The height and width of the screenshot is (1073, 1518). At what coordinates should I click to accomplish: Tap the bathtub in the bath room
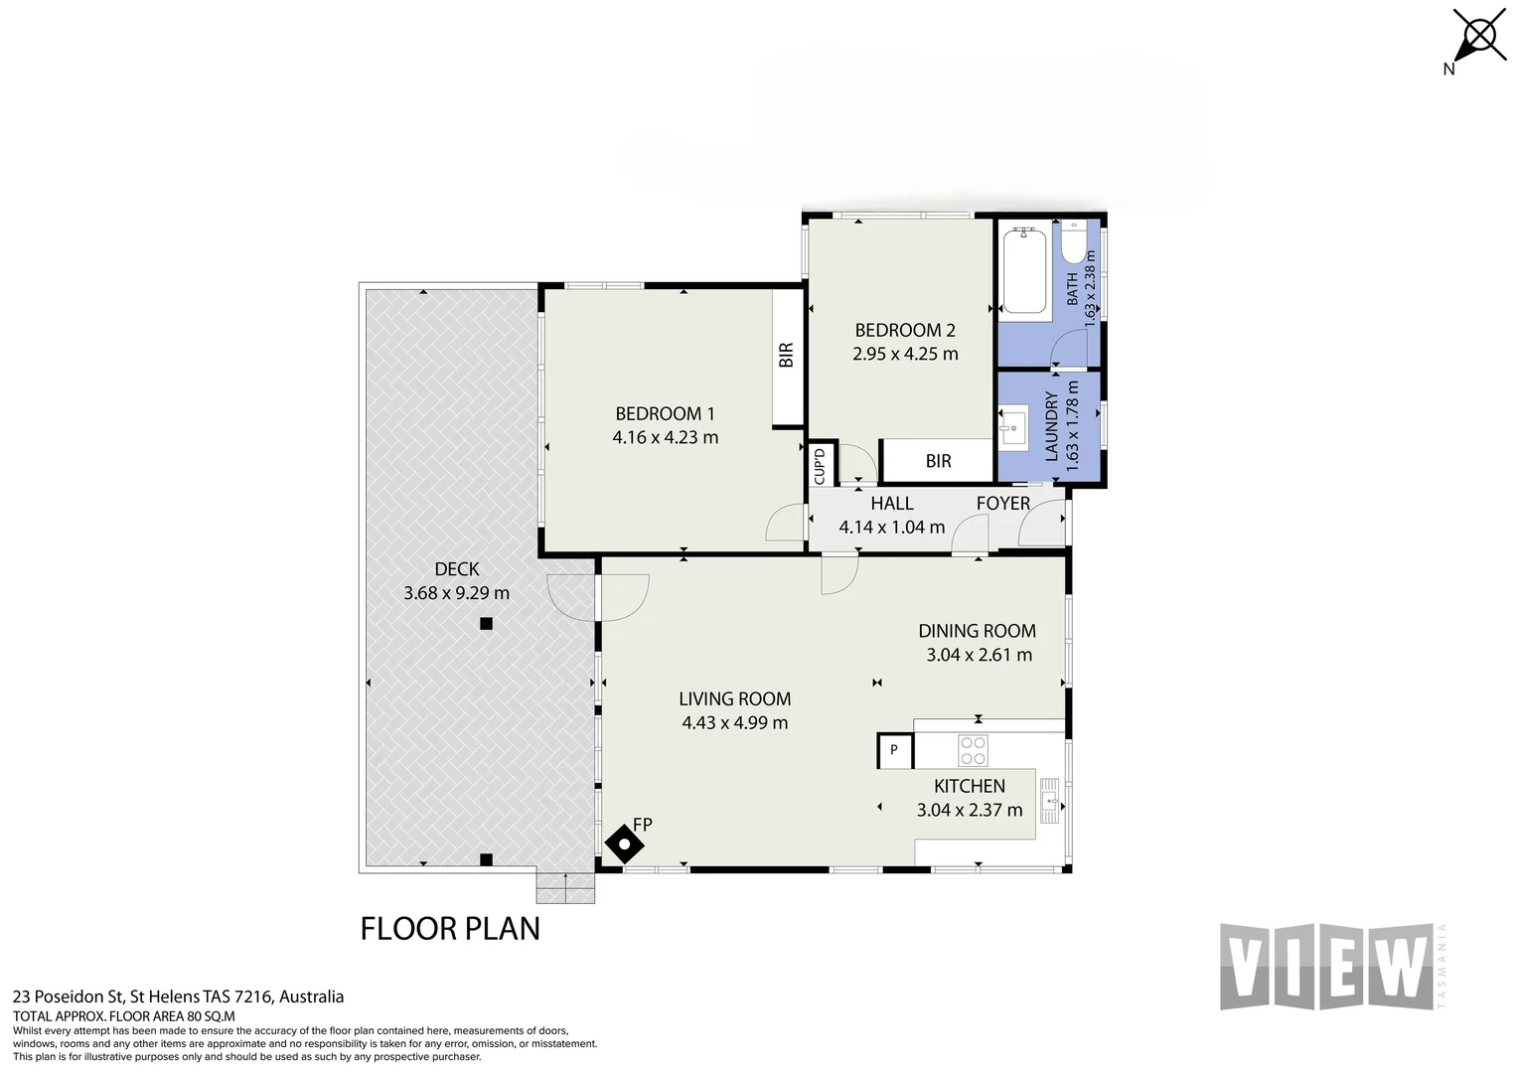[x=1024, y=270]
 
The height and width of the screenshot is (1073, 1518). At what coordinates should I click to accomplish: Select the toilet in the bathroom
[x=1075, y=242]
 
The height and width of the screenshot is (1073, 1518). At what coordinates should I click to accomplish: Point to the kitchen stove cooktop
[x=973, y=750]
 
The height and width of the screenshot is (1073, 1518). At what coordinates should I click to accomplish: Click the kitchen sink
[x=1049, y=801]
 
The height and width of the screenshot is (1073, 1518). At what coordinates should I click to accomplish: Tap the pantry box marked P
[x=894, y=750]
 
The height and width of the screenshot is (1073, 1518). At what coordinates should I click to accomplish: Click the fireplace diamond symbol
[x=624, y=844]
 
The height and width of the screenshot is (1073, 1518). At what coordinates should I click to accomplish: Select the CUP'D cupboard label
[x=820, y=466]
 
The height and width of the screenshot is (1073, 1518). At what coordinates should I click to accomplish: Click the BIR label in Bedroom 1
[x=786, y=355]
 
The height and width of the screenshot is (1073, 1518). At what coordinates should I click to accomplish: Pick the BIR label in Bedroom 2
[x=938, y=461]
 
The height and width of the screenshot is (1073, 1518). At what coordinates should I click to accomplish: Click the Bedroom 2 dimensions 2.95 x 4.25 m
[x=905, y=354]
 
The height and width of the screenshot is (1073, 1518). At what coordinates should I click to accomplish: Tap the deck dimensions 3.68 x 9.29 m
[x=456, y=593]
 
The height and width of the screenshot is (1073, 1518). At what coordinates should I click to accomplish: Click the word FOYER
[x=1003, y=503]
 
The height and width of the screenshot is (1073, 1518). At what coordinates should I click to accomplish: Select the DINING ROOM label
[x=977, y=631]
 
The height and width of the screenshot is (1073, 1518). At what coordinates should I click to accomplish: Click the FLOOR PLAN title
[x=450, y=929]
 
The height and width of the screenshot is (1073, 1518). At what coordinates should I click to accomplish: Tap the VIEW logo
[x=1327, y=967]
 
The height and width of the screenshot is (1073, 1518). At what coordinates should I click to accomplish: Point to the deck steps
[x=565, y=888]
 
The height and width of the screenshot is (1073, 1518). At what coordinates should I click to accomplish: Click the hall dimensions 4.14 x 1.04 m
[x=891, y=528]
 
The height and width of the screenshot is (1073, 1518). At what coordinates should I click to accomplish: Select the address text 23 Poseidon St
[x=68, y=997]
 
